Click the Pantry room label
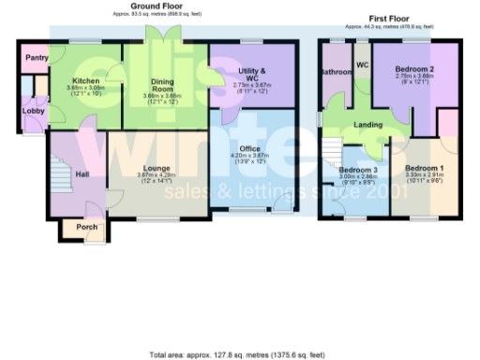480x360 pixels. [x=37, y=57]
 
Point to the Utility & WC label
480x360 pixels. [x=250, y=74]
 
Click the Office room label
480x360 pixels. [x=249, y=148]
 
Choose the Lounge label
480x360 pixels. [x=157, y=168]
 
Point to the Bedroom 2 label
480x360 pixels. [x=413, y=70]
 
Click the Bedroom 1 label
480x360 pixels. [x=424, y=168]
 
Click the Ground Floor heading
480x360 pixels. [x=155, y=6]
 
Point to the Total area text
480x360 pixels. [x=239, y=355]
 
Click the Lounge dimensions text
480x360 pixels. [x=157, y=178]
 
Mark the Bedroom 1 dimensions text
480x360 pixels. [x=424, y=178]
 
